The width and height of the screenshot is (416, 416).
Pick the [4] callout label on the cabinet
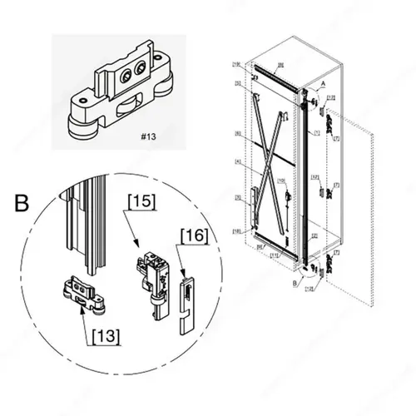[x=238, y=161]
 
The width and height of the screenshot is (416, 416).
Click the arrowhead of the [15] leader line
[x=136, y=244]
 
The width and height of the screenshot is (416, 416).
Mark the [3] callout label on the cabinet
[x=238, y=198]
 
